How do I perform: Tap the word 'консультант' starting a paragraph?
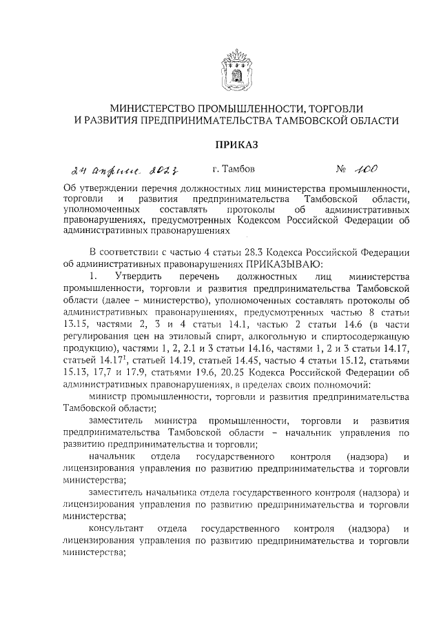115,528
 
